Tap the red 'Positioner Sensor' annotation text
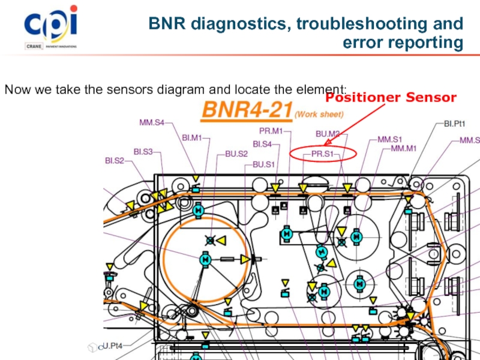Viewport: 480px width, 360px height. [391, 97]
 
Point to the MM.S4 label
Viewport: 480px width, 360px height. [152, 123]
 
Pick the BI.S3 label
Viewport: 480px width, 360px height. [143, 152]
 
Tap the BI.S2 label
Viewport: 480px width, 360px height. [115, 160]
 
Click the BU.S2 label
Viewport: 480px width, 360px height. [236, 154]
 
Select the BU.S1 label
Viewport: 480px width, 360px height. [263, 164]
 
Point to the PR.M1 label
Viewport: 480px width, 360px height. [271, 131]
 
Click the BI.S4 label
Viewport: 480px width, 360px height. [262, 144]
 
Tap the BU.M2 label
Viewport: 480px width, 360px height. [328, 134]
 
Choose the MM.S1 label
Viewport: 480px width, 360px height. [389, 139]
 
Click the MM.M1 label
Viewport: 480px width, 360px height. [403, 148]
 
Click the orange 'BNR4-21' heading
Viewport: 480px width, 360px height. [246, 111]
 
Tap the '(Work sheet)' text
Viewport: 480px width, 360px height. [319, 113]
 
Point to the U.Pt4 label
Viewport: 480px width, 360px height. [113, 346]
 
